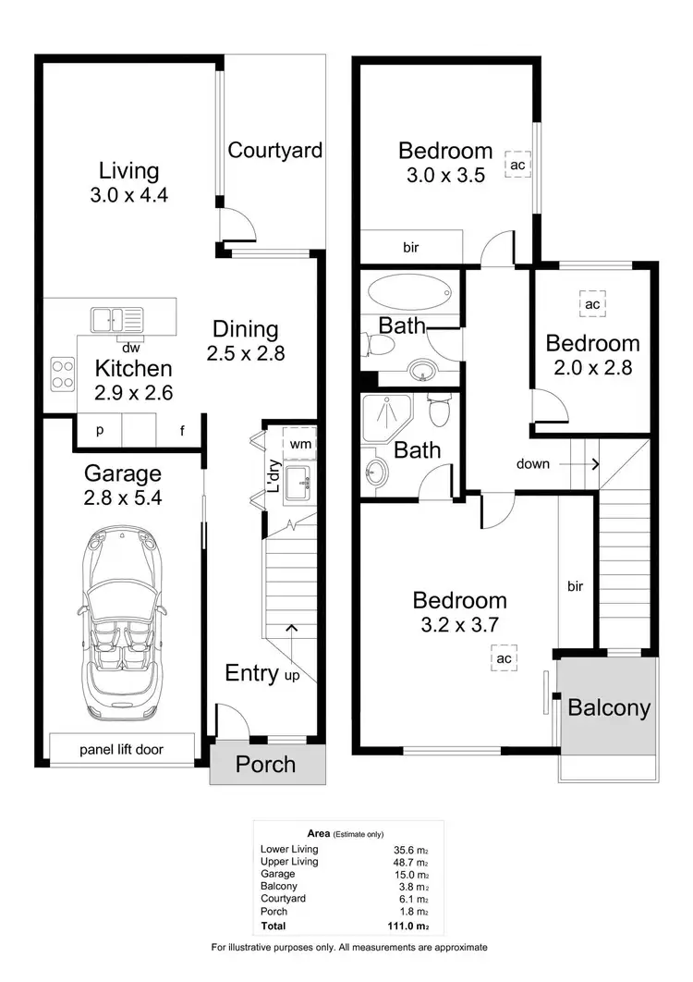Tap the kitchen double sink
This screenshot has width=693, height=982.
pyautogui.click(x=116, y=321)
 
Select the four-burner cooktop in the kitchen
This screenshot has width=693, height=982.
pyautogui.click(x=63, y=374)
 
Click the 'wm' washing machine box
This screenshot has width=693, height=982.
pyautogui.click(x=300, y=444)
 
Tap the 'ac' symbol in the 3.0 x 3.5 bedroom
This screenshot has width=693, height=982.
pyautogui.click(x=517, y=165)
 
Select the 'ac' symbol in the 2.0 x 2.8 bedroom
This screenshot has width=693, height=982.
pyautogui.click(x=592, y=303)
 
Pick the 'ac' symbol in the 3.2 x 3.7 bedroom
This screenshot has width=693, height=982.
pyautogui.click(x=504, y=657)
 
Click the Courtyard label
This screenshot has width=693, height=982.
pyautogui.click(x=275, y=150)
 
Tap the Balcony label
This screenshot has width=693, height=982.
pyautogui.click(x=609, y=708)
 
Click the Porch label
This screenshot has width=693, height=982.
pyautogui.click(x=266, y=765)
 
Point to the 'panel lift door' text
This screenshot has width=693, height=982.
pyautogui.click(x=122, y=749)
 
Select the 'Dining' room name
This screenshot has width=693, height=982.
pyautogui.click(x=246, y=329)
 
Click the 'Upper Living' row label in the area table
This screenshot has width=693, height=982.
pyautogui.click(x=289, y=861)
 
